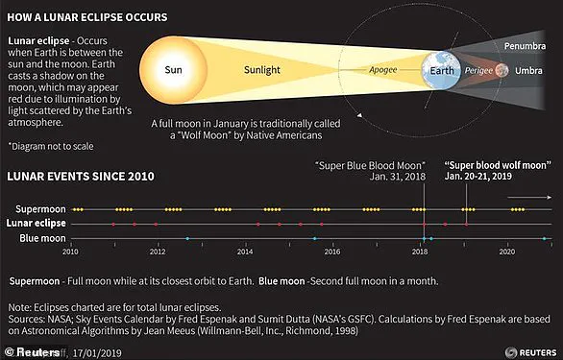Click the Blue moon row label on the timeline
(x=43, y=237)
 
